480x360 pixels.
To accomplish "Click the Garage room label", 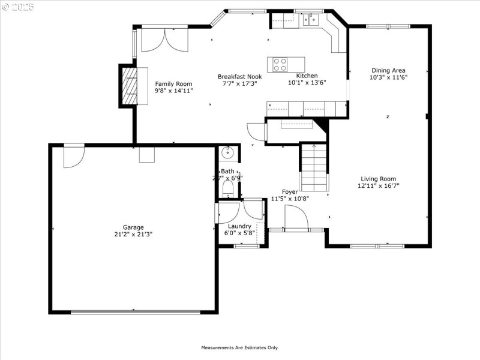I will pos(133,227).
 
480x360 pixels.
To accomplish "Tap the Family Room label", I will pos(173,84).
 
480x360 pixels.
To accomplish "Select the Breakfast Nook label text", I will pos(239,77).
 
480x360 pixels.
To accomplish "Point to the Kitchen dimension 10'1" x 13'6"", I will pos(307,83).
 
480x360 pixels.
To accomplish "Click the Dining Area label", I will pos(388,70).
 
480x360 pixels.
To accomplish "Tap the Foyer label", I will pos(290,192).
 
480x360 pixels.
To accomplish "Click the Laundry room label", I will pos(238,226).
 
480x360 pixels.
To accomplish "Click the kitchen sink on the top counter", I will pos(311,20).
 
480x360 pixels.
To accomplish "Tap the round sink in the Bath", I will pos(227,153).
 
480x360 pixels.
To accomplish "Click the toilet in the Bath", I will pos(227,190).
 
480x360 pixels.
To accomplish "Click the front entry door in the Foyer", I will pos(296,217).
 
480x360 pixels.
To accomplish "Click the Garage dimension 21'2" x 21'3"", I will pos(133,235).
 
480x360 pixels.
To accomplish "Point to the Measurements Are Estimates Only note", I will pos(239,347).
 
